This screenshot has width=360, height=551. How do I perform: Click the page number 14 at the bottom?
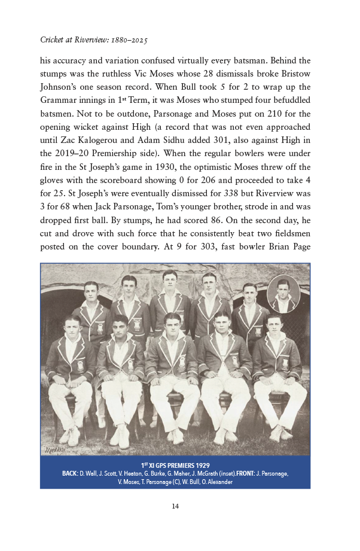175,507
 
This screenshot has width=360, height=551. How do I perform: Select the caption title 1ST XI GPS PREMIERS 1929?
175,465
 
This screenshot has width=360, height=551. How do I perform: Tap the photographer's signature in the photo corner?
53,448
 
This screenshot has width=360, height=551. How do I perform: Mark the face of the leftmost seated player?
72,327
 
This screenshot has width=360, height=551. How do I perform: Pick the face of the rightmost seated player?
273,324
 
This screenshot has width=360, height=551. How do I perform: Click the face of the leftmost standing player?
91,291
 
